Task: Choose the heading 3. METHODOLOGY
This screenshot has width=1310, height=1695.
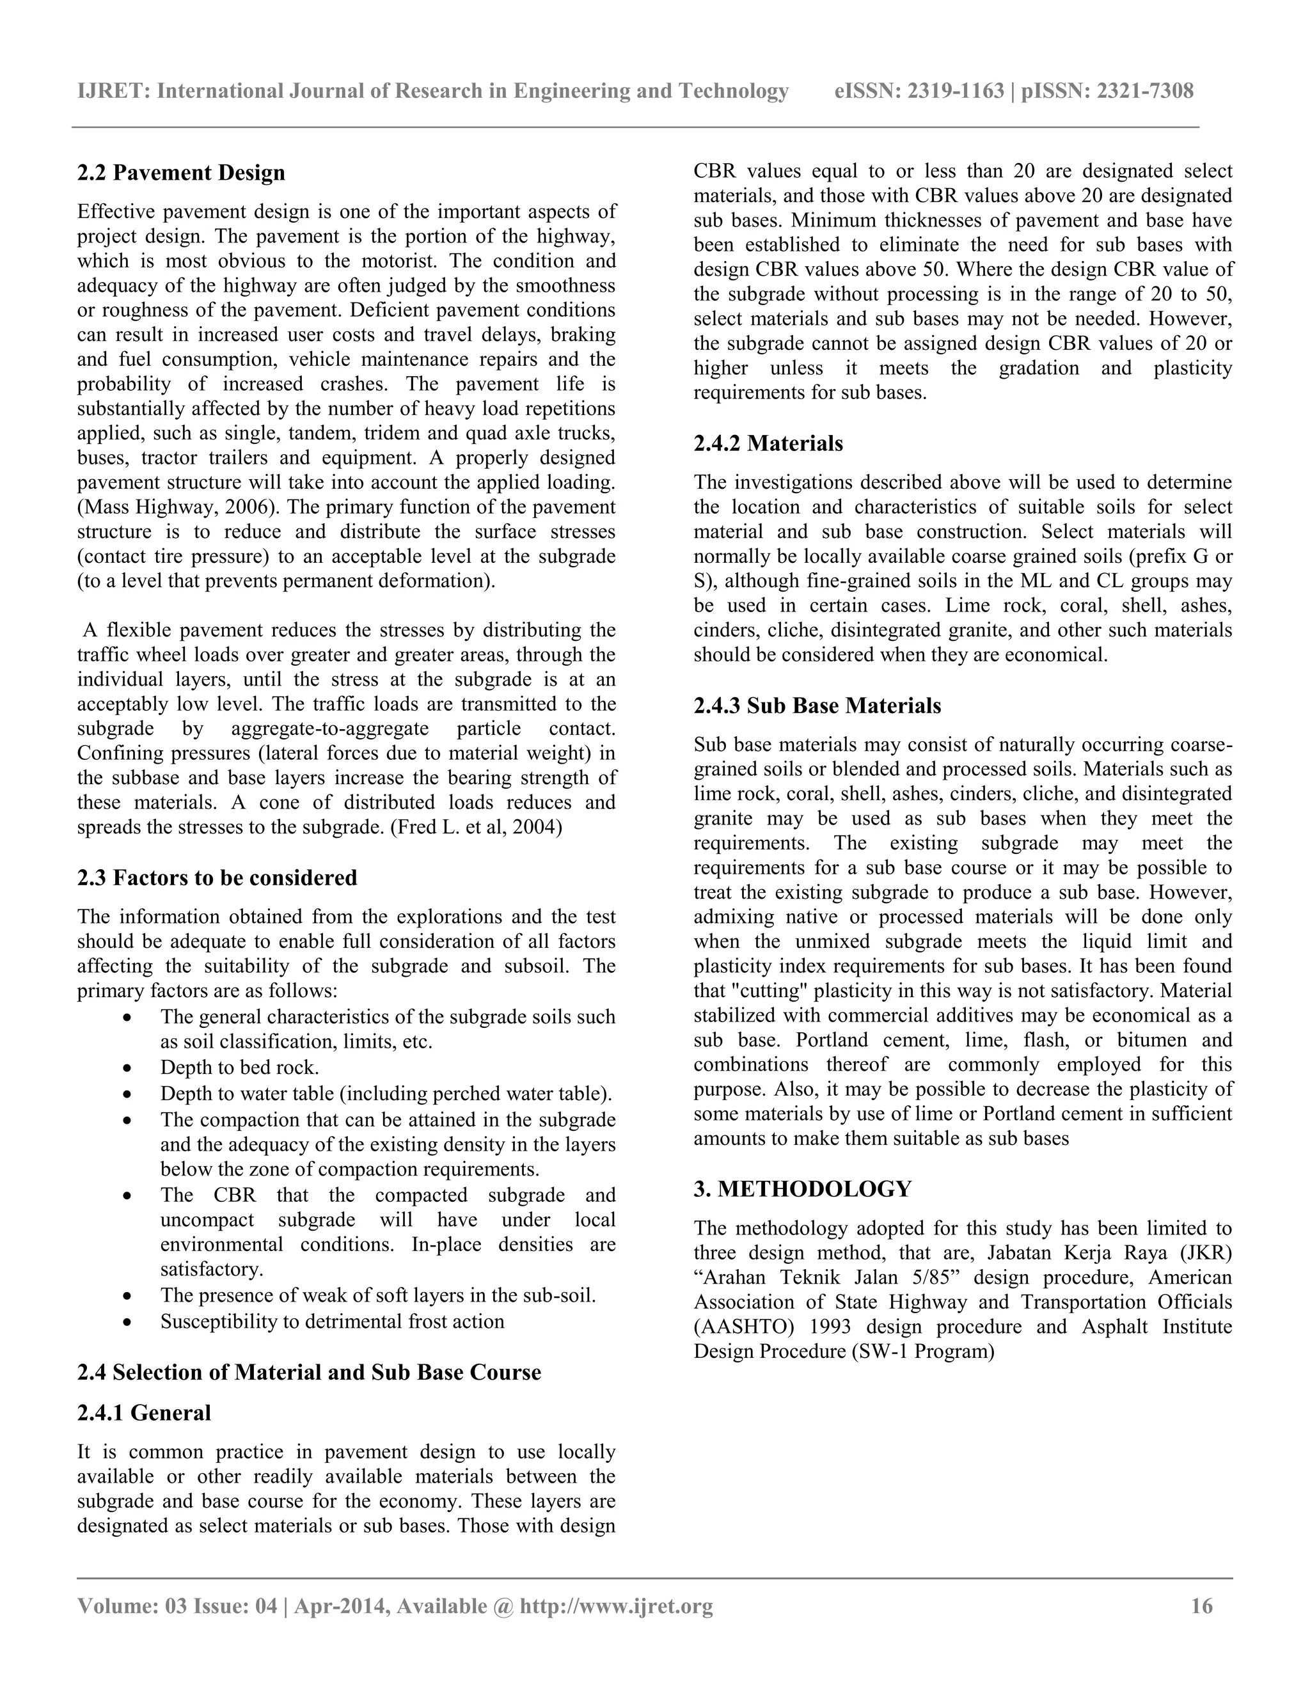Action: (x=803, y=1189)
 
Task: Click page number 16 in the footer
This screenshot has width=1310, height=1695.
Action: (x=1201, y=1605)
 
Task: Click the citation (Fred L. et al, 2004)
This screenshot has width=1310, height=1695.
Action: (x=476, y=827)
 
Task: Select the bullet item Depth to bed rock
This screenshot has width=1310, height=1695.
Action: (x=239, y=1068)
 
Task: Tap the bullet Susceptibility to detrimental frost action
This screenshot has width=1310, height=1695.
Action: (x=331, y=1321)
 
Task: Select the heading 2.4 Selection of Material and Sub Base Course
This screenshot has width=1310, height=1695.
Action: (x=309, y=1372)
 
